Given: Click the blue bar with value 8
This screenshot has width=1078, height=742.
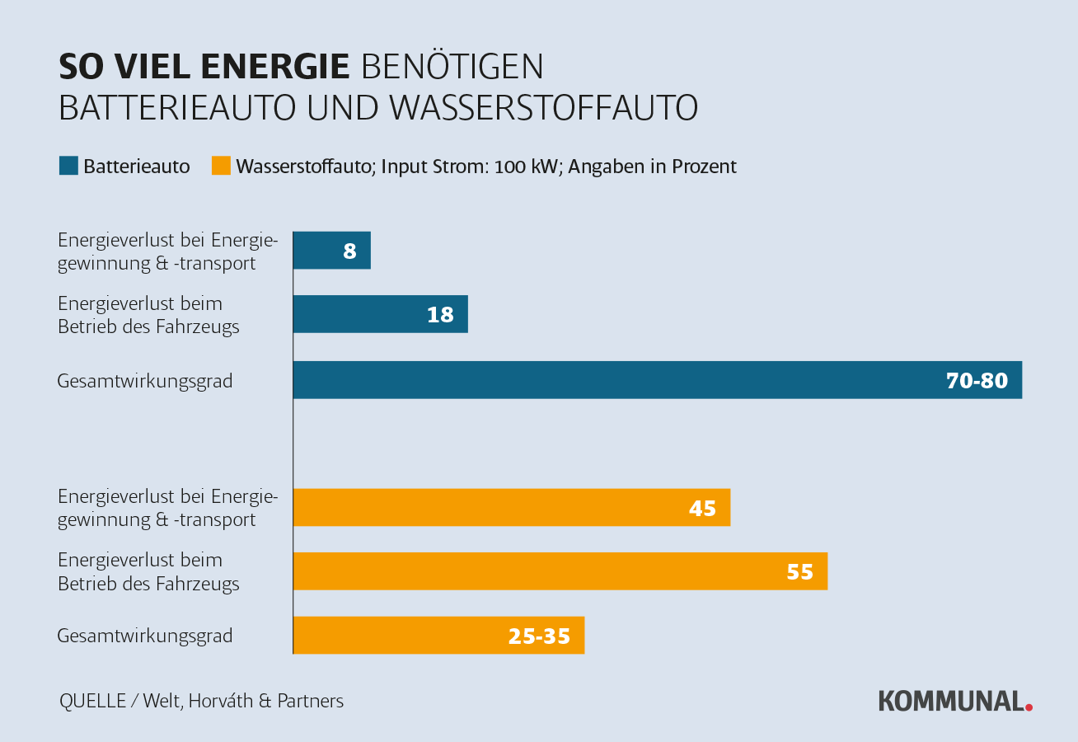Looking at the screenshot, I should (331, 251).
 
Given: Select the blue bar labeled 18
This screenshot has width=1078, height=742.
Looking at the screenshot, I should (380, 314).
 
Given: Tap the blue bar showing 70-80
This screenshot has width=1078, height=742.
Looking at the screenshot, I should (657, 380).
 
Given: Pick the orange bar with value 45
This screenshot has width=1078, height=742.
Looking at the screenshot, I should (511, 507).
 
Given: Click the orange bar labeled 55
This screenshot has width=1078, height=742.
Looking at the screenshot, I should (560, 571).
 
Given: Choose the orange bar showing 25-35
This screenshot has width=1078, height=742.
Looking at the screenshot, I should (438, 636).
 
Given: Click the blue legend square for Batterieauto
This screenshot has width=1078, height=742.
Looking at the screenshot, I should (68, 167).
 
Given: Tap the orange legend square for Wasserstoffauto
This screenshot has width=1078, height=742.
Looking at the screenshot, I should (221, 167).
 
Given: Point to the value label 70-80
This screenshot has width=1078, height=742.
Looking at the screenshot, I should (977, 381).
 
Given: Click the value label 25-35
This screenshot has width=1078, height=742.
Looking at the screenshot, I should (539, 636).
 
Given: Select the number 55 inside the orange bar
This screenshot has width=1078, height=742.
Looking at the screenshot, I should (799, 572).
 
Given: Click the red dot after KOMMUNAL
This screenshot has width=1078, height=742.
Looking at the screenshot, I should (1029, 707).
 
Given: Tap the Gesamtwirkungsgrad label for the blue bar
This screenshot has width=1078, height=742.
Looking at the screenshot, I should (145, 381).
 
